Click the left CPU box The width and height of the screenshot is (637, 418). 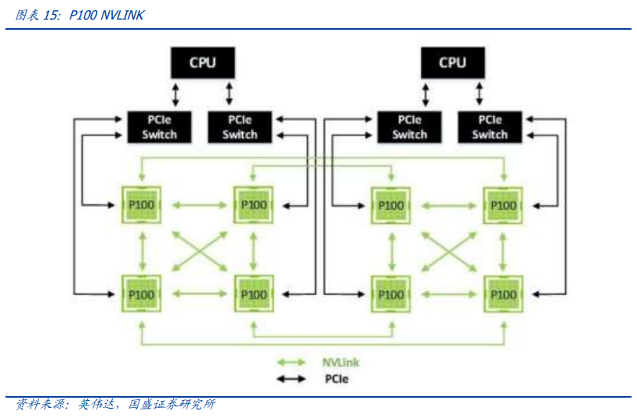(202, 62)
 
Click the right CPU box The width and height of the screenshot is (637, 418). (452, 62)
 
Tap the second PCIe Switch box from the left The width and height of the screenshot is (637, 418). (239, 127)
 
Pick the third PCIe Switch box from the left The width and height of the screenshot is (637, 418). (409, 127)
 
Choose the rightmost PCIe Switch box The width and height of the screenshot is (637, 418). (489, 127)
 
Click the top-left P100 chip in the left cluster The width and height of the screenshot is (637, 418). (142, 205)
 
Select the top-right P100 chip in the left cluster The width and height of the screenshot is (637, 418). (252, 205)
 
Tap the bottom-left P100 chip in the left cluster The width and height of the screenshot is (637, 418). (142, 294)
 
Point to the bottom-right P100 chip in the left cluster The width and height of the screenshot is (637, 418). (252, 294)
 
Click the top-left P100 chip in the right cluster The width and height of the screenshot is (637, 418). (390, 205)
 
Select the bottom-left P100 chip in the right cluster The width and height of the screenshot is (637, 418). (390, 294)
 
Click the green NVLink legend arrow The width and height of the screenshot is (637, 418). (291, 362)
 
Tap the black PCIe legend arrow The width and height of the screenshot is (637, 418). (291, 380)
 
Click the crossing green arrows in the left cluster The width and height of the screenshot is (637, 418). (197, 250)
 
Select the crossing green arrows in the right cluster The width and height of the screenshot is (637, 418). (447, 250)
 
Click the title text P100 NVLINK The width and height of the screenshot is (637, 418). (107, 15)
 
